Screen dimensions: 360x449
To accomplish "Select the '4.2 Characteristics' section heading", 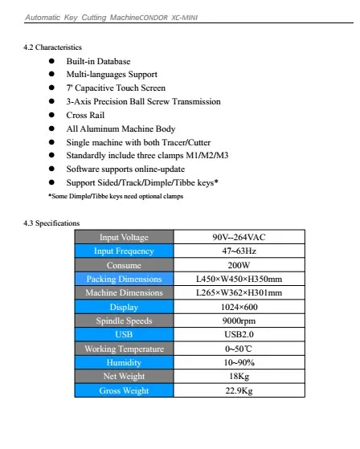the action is point(54,48).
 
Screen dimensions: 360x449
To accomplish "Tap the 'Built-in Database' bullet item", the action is point(98,61).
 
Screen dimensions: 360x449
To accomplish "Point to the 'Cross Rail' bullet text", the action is point(87,115).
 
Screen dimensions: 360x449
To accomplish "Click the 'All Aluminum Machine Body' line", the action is point(121,129).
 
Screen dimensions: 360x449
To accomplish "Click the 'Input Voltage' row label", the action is point(124,238).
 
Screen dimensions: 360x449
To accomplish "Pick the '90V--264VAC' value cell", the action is point(239,238).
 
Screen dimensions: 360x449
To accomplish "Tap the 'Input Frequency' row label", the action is point(124,251).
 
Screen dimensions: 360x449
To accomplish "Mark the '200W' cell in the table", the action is point(239,265).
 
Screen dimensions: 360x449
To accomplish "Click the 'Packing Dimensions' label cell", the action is point(124,279).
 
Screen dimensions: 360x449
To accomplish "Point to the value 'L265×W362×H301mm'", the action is point(239,293).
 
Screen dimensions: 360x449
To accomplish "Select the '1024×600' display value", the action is point(239,307).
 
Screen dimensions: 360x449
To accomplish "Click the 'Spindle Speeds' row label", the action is point(124,320).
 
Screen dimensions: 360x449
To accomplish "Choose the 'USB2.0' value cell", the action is point(239,334).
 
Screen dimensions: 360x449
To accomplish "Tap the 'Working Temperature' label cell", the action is point(124,349).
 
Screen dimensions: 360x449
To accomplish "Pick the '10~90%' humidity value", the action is point(239,362).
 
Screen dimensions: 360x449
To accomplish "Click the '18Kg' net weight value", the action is point(239,376).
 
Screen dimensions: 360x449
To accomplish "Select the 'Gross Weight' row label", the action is point(124,390).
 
